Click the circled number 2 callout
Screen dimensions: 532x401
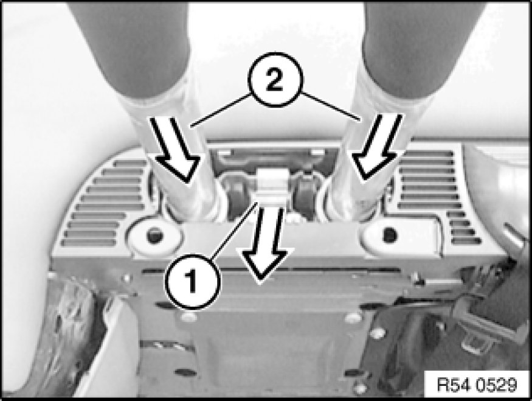tap(274, 81)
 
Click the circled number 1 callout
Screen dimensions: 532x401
tap(193, 281)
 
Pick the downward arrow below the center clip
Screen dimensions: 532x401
tap(265, 244)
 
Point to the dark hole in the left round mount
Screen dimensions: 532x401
tap(154, 235)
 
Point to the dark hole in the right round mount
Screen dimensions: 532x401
tap(389, 234)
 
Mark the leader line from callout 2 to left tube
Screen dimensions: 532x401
tap(221, 110)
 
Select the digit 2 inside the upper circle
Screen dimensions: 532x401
tap(274, 81)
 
